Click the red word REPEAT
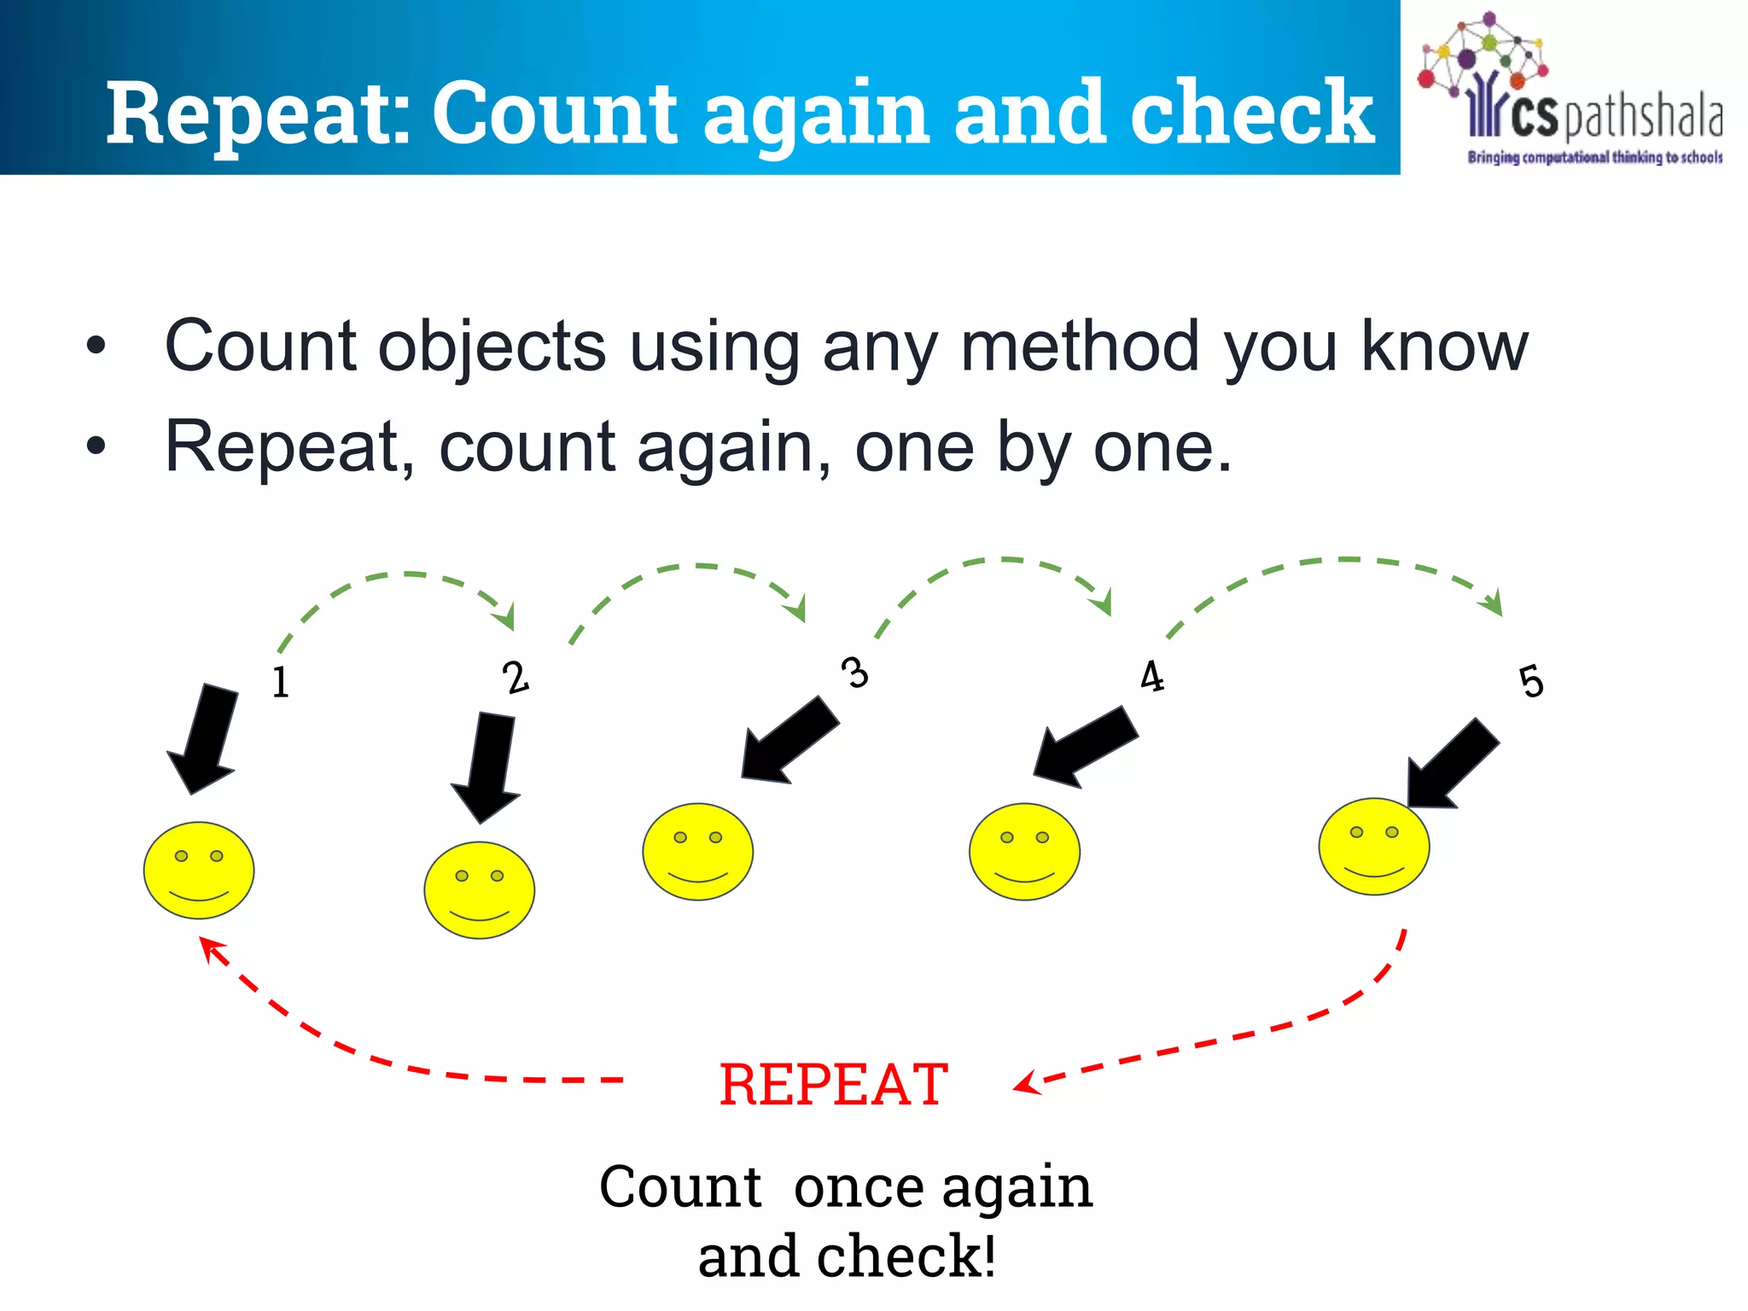(x=833, y=1085)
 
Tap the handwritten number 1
(x=281, y=682)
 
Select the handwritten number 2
(x=516, y=678)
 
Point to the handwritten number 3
(x=854, y=673)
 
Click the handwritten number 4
(x=1152, y=677)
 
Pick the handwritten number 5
(x=1532, y=682)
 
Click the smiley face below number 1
(x=199, y=870)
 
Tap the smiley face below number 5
(x=1373, y=846)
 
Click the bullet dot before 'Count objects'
(x=96, y=346)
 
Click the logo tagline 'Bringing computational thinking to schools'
(x=1594, y=157)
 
